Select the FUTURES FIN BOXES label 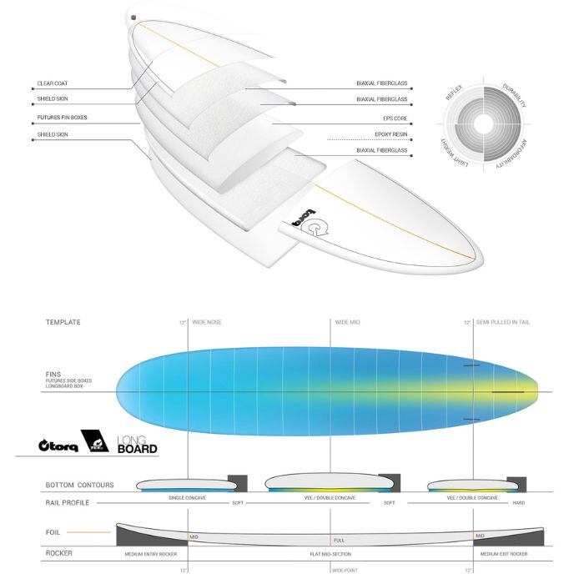62,118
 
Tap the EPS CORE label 394,118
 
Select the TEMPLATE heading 63,322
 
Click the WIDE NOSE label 206,322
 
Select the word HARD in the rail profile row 518,503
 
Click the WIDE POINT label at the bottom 345,571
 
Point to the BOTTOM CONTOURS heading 79,485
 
